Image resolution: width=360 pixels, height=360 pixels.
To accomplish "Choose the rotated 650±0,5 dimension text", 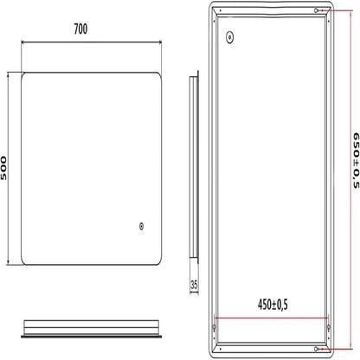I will click(x=353, y=164).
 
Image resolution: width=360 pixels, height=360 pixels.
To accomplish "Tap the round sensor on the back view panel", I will click(x=230, y=38).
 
